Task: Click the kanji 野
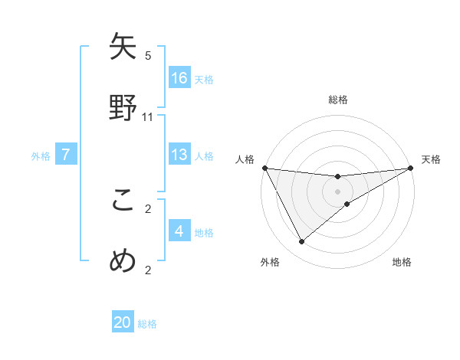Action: [x=124, y=106]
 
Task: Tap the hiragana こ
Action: [x=124, y=200]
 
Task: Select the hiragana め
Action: [x=124, y=260]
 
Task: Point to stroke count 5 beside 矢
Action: [x=148, y=56]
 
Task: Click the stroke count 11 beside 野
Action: [x=148, y=117]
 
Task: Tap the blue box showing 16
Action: [x=179, y=78]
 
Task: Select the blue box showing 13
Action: [x=179, y=155]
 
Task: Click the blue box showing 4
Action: [x=179, y=231]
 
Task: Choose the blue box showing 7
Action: [x=66, y=155]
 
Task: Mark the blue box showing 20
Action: [x=123, y=323]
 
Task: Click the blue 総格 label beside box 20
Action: [x=147, y=324]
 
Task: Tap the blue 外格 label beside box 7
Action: [x=41, y=155]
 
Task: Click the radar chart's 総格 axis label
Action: [x=338, y=100]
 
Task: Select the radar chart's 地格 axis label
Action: [x=402, y=263]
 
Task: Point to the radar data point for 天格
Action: [x=411, y=169]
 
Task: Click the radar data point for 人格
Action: [x=265, y=168]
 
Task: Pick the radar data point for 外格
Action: [x=301, y=242]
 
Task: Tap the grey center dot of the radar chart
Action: [x=338, y=191]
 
